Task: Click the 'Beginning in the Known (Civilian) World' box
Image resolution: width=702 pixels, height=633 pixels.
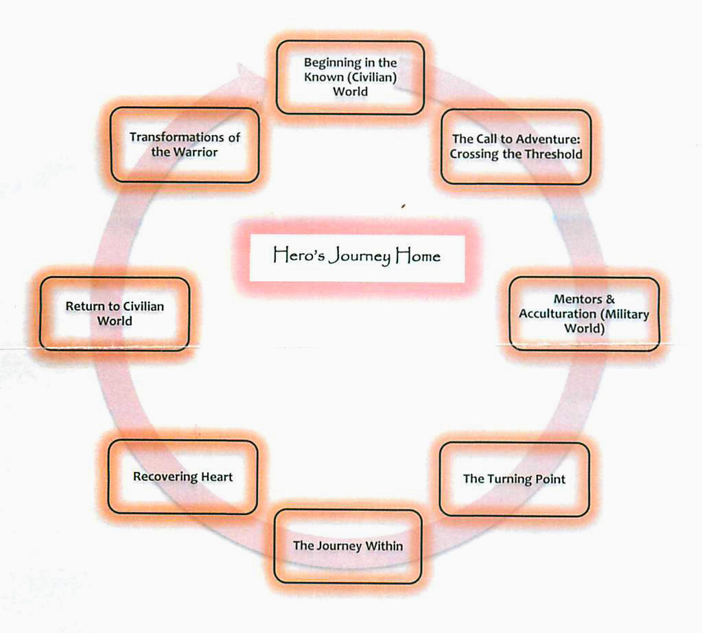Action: [x=350, y=77]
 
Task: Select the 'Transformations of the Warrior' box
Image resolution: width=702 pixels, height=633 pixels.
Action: [x=185, y=145]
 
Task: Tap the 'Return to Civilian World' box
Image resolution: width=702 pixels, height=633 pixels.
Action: [x=115, y=313]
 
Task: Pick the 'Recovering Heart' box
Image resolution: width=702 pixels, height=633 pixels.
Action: [x=183, y=477]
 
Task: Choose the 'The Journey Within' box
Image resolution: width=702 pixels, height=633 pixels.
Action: [x=347, y=546]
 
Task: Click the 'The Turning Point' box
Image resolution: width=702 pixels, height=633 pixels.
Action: [x=514, y=479]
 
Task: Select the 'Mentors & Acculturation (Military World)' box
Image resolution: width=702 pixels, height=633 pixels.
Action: [x=584, y=313]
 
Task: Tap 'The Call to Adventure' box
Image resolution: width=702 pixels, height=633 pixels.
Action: [x=515, y=146]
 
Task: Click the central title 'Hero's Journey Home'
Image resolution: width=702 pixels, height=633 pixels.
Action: [x=357, y=257]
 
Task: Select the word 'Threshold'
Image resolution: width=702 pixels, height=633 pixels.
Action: [x=553, y=154]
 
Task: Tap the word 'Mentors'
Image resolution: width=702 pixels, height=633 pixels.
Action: [x=576, y=299]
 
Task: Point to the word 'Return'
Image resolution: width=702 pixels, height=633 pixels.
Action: [x=82, y=307]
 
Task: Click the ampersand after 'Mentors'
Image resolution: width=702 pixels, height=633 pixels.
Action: [x=611, y=299]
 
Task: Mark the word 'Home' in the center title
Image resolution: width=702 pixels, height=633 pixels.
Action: [x=417, y=257]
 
